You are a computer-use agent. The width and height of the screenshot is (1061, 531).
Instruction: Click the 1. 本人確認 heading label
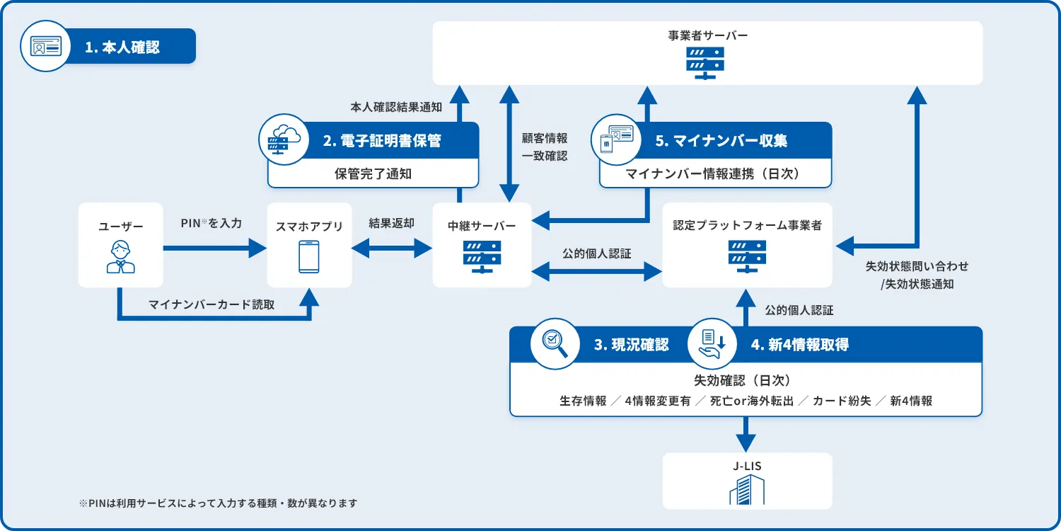click(x=122, y=47)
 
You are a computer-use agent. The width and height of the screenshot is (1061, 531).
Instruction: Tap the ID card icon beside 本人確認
click(x=45, y=46)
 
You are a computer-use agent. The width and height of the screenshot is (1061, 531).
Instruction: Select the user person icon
click(x=120, y=258)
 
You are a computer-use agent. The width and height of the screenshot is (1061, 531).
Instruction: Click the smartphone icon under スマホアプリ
click(x=309, y=257)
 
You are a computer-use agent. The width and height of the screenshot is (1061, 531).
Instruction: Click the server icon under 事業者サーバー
click(x=705, y=62)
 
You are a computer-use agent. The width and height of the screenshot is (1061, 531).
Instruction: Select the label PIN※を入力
click(x=211, y=224)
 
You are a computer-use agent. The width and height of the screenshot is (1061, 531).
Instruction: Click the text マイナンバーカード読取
click(x=211, y=305)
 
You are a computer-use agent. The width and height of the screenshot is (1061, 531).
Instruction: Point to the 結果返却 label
click(x=391, y=223)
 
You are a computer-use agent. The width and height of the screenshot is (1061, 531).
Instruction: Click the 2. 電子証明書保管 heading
click(x=382, y=141)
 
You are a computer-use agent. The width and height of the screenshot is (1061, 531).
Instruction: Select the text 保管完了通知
click(x=373, y=173)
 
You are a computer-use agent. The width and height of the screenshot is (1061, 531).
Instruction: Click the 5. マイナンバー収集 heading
click(x=721, y=141)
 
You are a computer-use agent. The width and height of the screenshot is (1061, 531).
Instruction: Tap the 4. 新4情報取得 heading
click(x=799, y=345)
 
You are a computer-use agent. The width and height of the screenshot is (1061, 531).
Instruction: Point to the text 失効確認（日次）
click(x=746, y=380)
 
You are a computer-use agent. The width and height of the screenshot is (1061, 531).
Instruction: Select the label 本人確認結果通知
click(x=396, y=108)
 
